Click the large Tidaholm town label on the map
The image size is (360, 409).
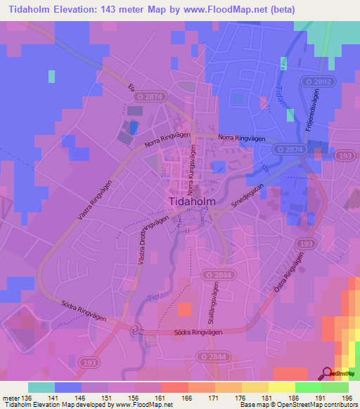(192, 202)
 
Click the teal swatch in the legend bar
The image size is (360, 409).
(41, 387)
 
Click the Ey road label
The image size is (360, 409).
(131, 87)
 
